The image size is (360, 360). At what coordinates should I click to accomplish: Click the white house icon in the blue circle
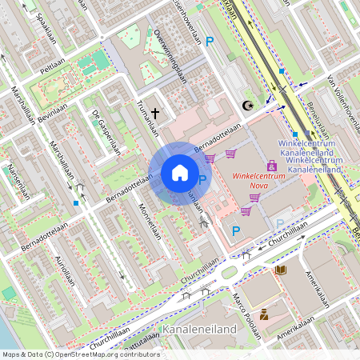tap(180, 173)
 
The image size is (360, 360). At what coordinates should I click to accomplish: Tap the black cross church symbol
tap(155, 115)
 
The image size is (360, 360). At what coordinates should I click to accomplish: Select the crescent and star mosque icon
tap(247, 106)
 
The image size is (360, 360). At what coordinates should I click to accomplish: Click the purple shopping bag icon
tap(272, 166)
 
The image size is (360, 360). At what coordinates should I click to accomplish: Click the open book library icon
tap(281, 270)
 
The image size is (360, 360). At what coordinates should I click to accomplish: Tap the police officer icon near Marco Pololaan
tap(264, 314)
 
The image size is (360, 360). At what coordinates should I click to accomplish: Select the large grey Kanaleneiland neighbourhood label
tap(199, 329)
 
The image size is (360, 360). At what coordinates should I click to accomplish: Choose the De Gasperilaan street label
tap(106, 130)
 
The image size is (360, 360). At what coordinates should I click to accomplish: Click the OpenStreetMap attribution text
tap(80, 354)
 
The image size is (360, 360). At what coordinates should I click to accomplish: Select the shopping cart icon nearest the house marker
tap(210, 158)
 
